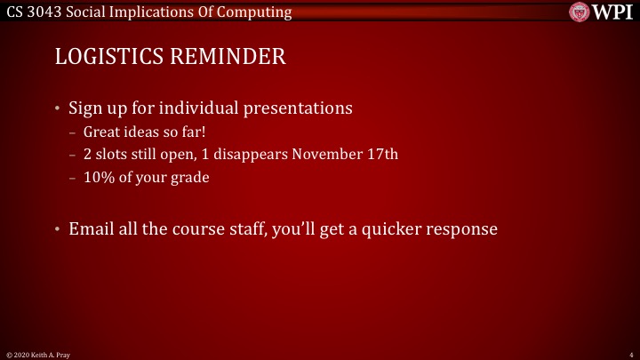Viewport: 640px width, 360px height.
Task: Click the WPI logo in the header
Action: [x=603, y=12]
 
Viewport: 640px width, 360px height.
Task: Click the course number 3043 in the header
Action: [x=44, y=12]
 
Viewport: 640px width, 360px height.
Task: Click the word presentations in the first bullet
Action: [x=298, y=109]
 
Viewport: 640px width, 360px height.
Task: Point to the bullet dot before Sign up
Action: [x=58, y=109]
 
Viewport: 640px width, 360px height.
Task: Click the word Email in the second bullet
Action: [x=92, y=228]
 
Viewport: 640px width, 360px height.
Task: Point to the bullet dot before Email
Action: [x=58, y=228]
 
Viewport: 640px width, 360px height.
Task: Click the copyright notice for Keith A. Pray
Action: [x=38, y=355]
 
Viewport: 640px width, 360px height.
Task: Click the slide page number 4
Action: [x=629, y=355]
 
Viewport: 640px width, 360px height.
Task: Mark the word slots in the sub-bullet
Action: [x=112, y=154]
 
